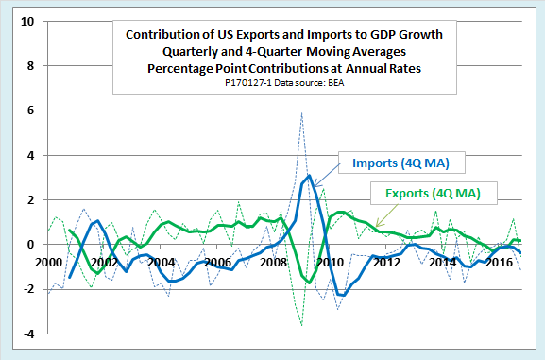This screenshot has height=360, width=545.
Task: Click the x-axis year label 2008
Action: (x=275, y=262)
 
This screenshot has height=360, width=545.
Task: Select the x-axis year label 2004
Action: (x=162, y=262)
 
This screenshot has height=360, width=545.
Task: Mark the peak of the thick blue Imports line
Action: (x=309, y=176)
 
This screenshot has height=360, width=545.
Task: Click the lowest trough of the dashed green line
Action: (x=301, y=325)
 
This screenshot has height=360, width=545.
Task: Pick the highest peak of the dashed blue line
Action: (x=301, y=112)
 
